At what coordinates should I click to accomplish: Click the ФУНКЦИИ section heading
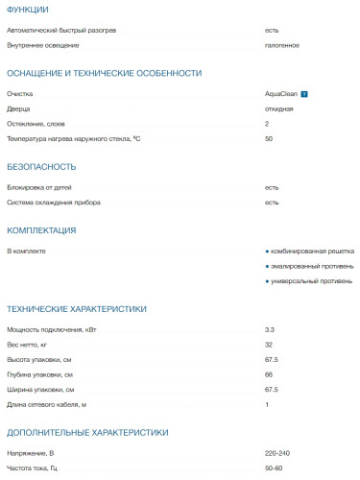(28, 10)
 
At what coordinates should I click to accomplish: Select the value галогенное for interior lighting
(282, 45)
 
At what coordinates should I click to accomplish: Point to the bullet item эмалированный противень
(312, 266)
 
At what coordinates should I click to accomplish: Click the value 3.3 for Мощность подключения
(270, 329)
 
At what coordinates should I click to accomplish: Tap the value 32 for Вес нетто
(269, 345)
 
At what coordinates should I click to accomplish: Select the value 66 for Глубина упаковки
(269, 374)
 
